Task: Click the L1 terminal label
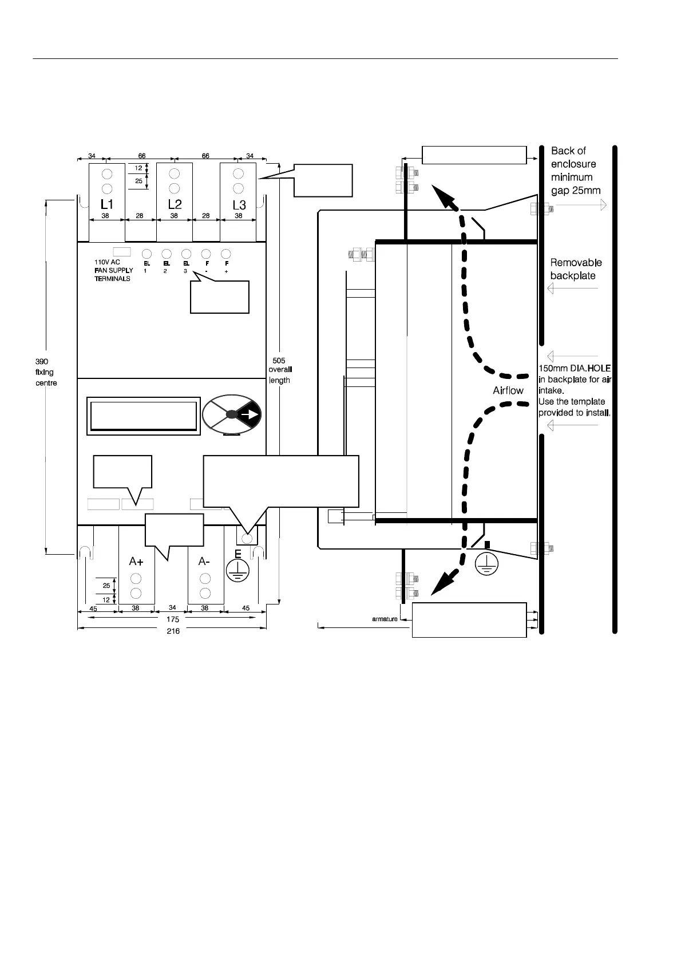click(107, 204)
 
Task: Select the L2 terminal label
click(175, 204)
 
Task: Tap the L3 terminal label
click(239, 205)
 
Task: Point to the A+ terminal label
click(136, 562)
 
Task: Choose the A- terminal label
click(204, 562)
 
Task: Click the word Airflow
click(508, 390)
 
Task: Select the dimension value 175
click(173, 619)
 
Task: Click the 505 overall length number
click(279, 361)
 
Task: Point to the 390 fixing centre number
click(42, 362)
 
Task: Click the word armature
click(385, 619)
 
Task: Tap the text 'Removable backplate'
click(576, 269)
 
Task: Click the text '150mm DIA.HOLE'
click(575, 369)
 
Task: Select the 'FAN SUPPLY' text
click(114, 270)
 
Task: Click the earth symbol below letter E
click(235, 570)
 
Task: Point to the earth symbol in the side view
click(486, 563)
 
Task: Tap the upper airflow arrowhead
click(444, 197)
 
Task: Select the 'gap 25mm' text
click(576, 191)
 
